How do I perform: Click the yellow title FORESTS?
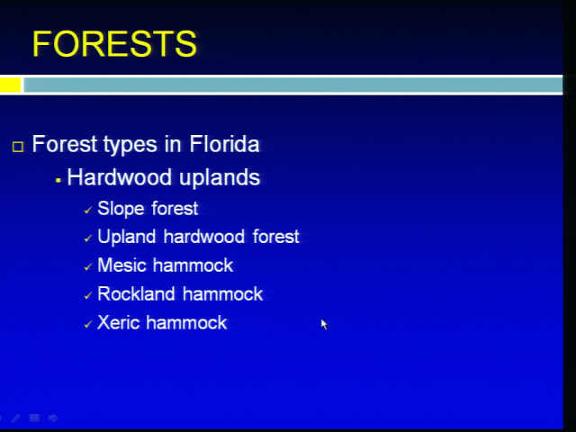[114, 44]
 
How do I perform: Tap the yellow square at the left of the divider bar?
[10, 85]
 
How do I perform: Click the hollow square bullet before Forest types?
[18, 147]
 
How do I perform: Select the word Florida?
[224, 144]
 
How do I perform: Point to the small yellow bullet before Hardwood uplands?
[58, 180]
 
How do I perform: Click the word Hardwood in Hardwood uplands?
[120, 177]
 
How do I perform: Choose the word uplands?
[220, 178]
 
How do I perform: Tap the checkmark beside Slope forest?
[88, 211]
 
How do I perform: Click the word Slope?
[121, 209]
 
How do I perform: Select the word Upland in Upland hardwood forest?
[126, 237]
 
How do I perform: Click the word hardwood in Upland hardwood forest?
[204, 236]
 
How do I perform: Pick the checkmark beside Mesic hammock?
[88, 267]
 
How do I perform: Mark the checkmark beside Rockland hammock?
[88, 296]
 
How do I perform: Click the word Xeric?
[119, 323]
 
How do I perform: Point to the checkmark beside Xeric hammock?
[88, 324]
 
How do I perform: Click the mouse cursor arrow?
[324, 324]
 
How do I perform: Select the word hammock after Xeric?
[186, 322]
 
